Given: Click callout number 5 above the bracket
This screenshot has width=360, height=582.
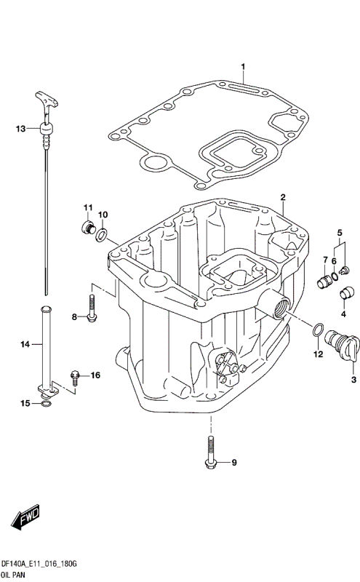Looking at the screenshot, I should (x=339, y=232).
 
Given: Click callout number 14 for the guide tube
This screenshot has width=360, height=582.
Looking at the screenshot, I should (x=23, y=344).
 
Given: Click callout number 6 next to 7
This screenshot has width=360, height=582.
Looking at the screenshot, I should (x=335, y=260).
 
